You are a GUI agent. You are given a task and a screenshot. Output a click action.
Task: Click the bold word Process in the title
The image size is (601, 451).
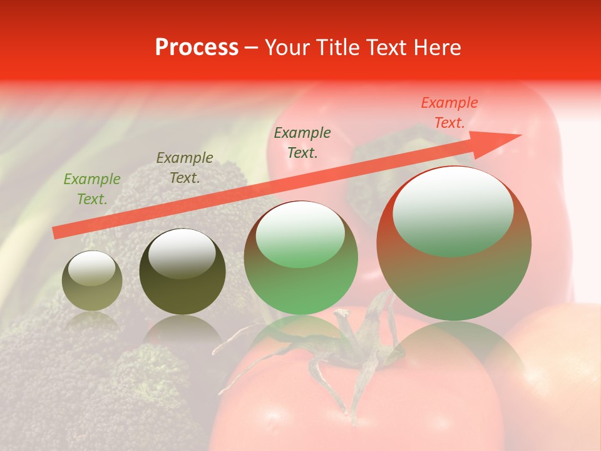point(197,48)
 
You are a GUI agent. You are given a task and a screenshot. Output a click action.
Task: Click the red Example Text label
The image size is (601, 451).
point(449,113)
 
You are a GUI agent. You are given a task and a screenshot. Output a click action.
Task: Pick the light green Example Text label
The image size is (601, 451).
point(92,189)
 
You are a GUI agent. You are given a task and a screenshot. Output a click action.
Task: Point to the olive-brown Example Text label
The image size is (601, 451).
point(185,168)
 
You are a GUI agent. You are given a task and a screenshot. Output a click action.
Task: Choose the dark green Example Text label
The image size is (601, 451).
point(302,143)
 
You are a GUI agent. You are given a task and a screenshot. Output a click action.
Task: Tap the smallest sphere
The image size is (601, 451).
point(92,281)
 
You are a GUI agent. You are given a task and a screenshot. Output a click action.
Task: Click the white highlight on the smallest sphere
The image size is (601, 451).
point(91,267)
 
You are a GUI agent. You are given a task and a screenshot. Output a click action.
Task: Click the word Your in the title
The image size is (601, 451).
point(286,48)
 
